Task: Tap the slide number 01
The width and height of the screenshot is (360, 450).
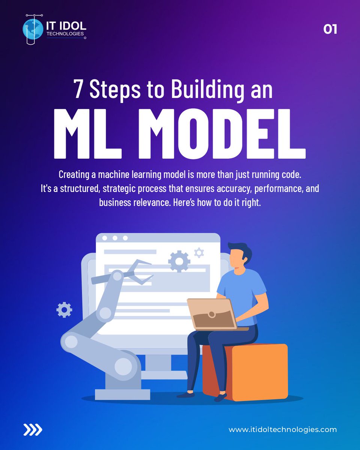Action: [x=330, y=29]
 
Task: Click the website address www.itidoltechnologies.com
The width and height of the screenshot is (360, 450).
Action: [x=283, y=430]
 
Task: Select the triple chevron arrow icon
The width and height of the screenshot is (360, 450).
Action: [x=33, y=430]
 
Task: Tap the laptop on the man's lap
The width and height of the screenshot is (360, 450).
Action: [x=212, y=313]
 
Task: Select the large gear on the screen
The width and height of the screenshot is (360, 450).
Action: [x=179, y=261]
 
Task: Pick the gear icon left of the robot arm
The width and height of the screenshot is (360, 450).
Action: [x=64, y=310]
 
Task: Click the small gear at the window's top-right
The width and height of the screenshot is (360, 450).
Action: [x=199, y=252]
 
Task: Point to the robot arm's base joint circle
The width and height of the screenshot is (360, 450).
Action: [x=123, y=366]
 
